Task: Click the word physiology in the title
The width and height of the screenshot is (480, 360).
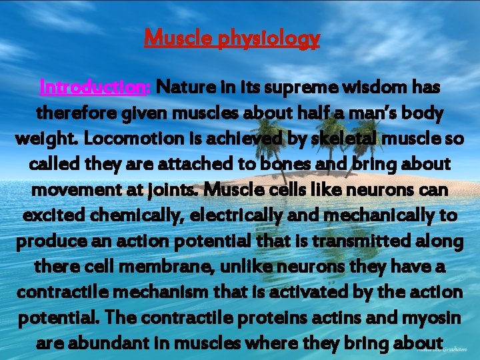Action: pos(269,39)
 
